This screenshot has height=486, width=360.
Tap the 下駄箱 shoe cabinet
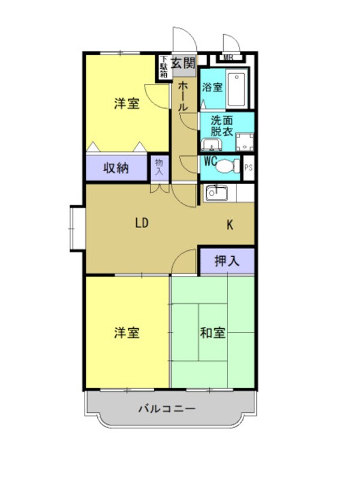(x=163, y=67)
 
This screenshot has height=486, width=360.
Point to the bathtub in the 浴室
(x=238, y=89)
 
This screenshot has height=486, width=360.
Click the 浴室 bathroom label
(x=212, y=88)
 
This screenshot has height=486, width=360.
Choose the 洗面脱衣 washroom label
(x=222, y=125)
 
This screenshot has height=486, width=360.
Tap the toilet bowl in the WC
(x=227, y=165)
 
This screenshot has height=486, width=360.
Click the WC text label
(x=210, y=161)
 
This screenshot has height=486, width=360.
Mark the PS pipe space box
(x=248, y=167)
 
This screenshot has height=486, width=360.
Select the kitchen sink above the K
(x=215, y=193)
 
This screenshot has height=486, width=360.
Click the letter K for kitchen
(x=229, y=226)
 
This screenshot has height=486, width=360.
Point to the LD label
(x=141, y=224)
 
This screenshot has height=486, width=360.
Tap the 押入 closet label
(x=226, y=261)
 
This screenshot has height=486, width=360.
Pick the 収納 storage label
(x=116, y=168)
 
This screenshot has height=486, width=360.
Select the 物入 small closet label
(x=159, y=166)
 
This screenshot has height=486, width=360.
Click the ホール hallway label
(x=184, y=96)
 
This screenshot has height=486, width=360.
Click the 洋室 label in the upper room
(x=127, y=104)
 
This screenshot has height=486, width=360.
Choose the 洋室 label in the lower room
(x=127, y=332)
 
